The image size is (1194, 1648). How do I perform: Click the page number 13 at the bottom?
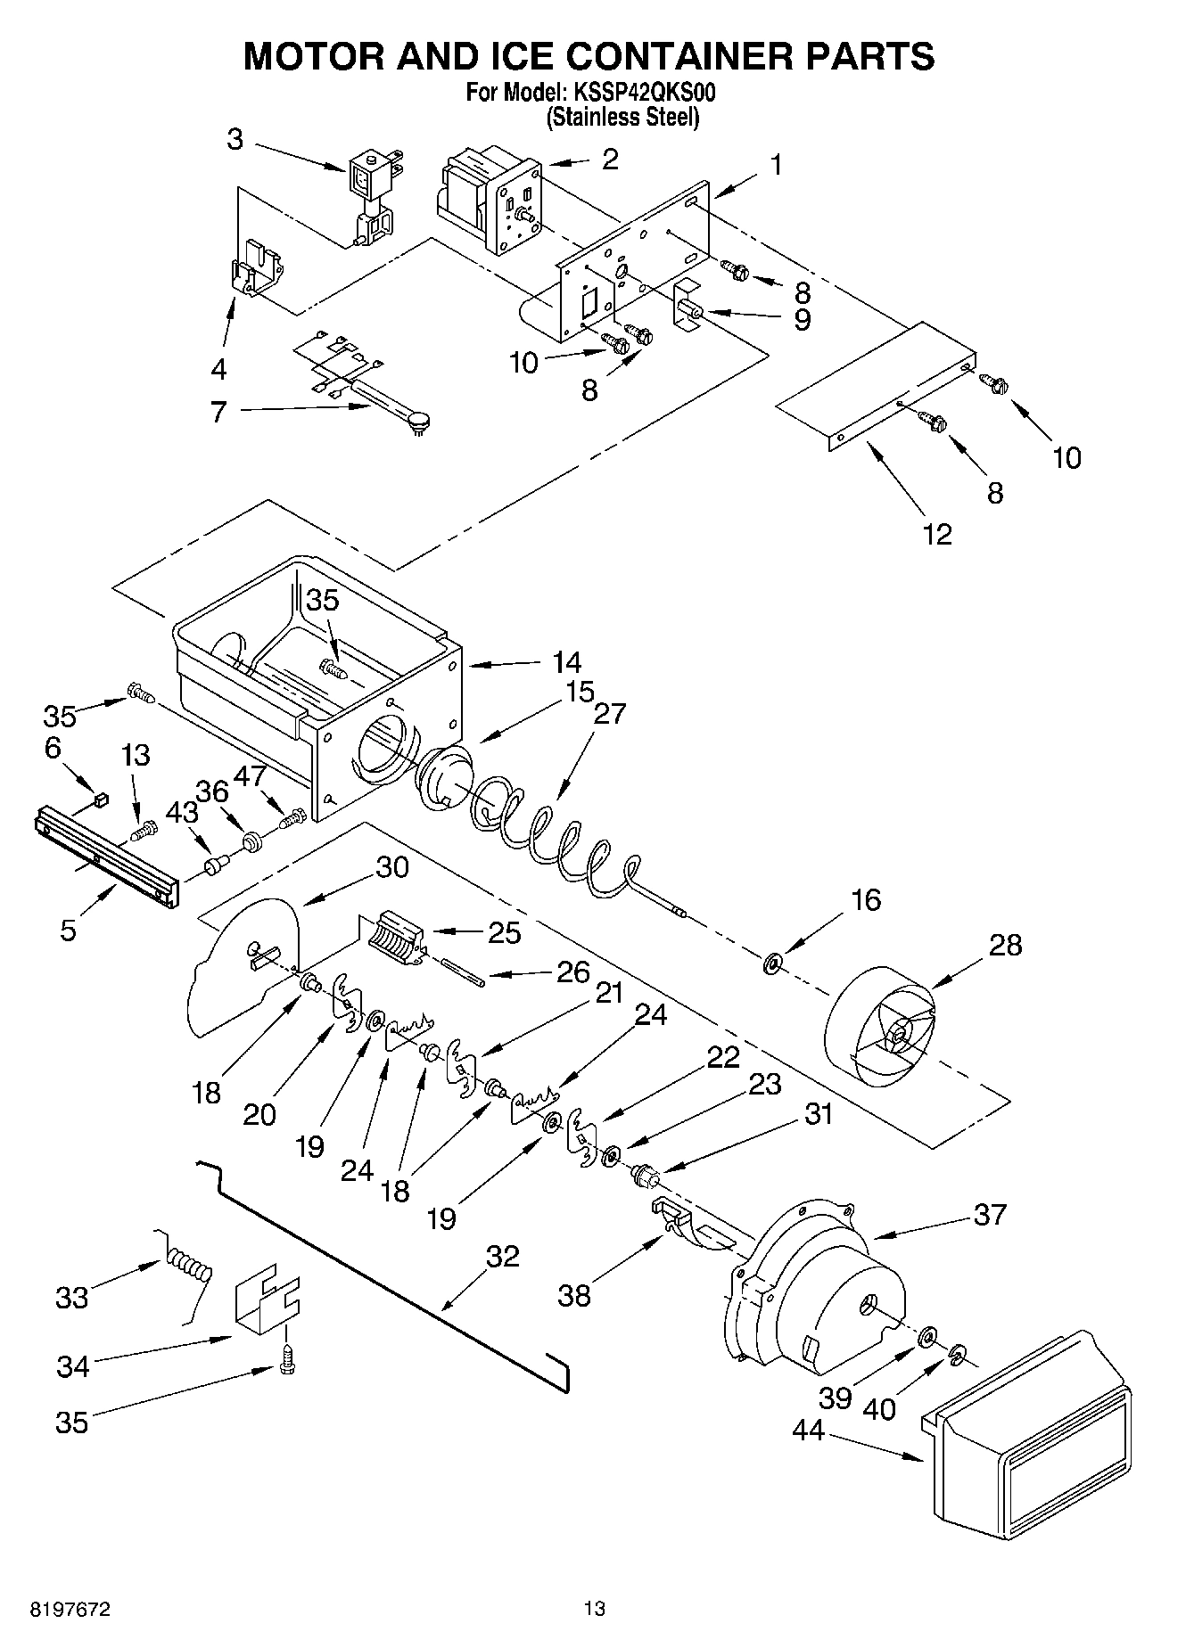pos(594,1609)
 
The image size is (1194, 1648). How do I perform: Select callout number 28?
pos(1005,945)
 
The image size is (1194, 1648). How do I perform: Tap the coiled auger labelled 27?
pos(553,833)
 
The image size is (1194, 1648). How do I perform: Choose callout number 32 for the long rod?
pos(502,1256)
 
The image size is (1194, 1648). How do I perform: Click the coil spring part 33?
pos(189,1267)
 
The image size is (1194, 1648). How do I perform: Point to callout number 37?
pos(990,1214)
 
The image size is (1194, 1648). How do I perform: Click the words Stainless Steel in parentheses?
pos(622,117)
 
